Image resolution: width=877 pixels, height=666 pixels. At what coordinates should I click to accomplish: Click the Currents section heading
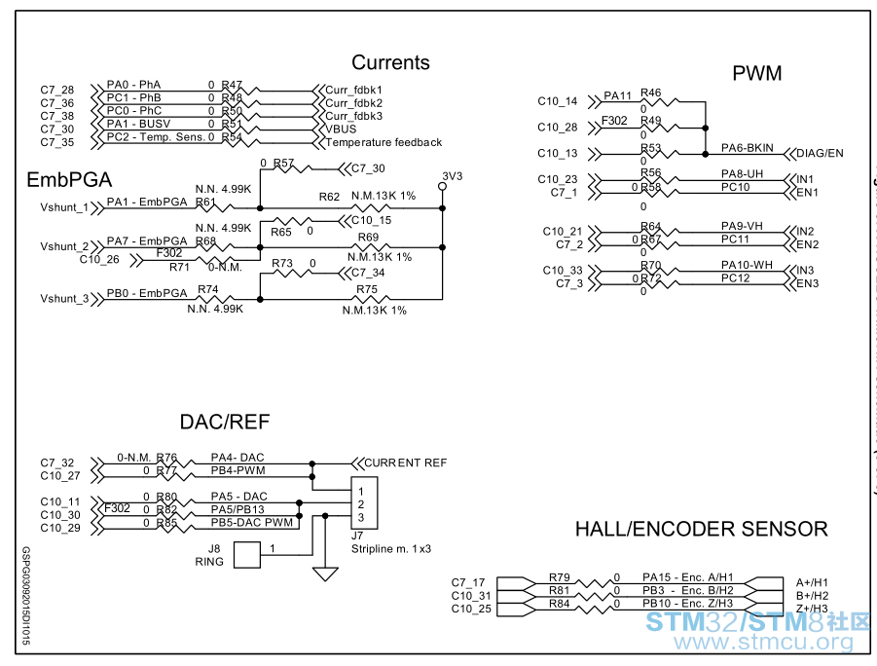point(390,63)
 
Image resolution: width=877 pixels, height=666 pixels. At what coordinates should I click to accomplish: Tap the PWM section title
point(757,74)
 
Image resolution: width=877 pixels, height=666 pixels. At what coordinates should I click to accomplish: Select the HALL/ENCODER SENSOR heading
point(701,530)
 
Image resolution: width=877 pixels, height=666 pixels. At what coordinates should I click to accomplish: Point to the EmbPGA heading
point(69,181)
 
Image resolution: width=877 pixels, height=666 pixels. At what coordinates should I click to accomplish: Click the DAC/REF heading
point(225,423)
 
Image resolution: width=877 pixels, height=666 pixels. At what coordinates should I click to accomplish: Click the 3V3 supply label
point(452,176)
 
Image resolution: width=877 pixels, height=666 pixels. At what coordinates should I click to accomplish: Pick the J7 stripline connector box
point(364,503)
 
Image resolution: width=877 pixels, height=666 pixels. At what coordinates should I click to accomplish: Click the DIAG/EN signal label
point(821,154)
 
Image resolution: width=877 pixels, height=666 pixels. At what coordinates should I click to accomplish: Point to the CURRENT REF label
point(405,462)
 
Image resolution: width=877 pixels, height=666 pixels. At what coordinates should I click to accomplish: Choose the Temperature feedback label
point(384,142)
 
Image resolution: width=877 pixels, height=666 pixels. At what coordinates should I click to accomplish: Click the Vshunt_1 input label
point(64,207)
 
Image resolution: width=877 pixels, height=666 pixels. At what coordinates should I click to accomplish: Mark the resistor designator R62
point(330,197)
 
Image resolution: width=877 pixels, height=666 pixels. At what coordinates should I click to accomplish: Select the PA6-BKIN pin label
point(748,148)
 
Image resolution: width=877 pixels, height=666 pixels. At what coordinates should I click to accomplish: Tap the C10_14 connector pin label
point(557,101)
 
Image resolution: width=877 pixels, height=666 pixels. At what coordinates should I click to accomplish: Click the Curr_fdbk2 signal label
point(354,102)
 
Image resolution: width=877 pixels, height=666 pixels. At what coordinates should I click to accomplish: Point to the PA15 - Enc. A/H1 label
point(687,578)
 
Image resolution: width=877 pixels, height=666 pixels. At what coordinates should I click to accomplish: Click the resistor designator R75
point(367,289)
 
